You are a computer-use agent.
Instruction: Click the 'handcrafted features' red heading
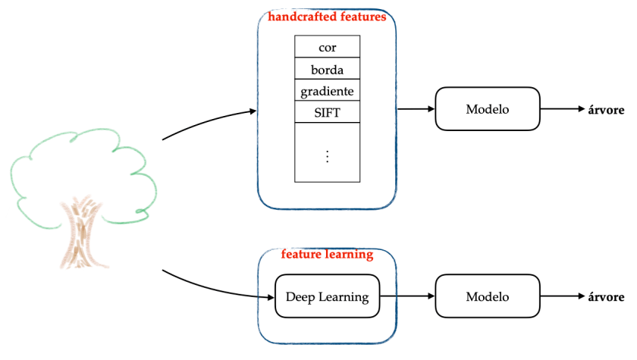coord(327,16)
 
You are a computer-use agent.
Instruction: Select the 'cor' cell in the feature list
coord(327,47)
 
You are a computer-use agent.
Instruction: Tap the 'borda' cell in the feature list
coord(327,69)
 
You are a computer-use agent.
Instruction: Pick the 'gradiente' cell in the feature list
coord(327,91)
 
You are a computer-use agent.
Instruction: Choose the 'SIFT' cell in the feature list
coord(327,112)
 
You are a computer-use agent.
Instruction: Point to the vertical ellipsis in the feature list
coord(327,155)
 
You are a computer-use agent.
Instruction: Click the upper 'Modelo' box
coord(487,108)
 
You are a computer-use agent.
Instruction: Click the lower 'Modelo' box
coord(487,297)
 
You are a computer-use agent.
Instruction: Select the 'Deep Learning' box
coord(327,297)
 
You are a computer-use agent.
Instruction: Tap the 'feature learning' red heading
coord(327,255)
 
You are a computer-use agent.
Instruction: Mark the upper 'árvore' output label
coord(606,109)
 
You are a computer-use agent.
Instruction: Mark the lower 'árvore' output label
coord(606,297)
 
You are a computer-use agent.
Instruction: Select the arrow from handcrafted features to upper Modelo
coord(415,108)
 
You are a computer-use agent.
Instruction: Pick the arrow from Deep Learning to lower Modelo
coord(407,297)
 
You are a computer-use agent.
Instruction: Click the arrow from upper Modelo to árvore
coord(563,108)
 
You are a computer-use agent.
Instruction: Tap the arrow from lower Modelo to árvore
coord(563,297)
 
